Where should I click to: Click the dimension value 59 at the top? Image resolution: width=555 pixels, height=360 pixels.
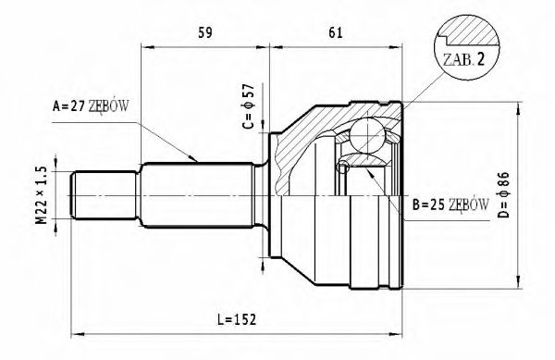pyautogui.click(x=206, y=34)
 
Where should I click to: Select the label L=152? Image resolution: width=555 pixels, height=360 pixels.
pyautogui.click(x=236, y=319)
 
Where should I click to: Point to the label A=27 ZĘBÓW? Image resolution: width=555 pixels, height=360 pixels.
pyautogui.click(x=90, y=106)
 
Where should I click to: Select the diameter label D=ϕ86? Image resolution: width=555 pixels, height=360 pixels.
pyautogui.click(x=530, y=191)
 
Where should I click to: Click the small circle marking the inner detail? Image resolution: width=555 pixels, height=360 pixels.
pyautogui.click(x=343, y=168)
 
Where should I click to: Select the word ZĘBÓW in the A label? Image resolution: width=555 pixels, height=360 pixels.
pyautogui.click(x=110, y=106)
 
